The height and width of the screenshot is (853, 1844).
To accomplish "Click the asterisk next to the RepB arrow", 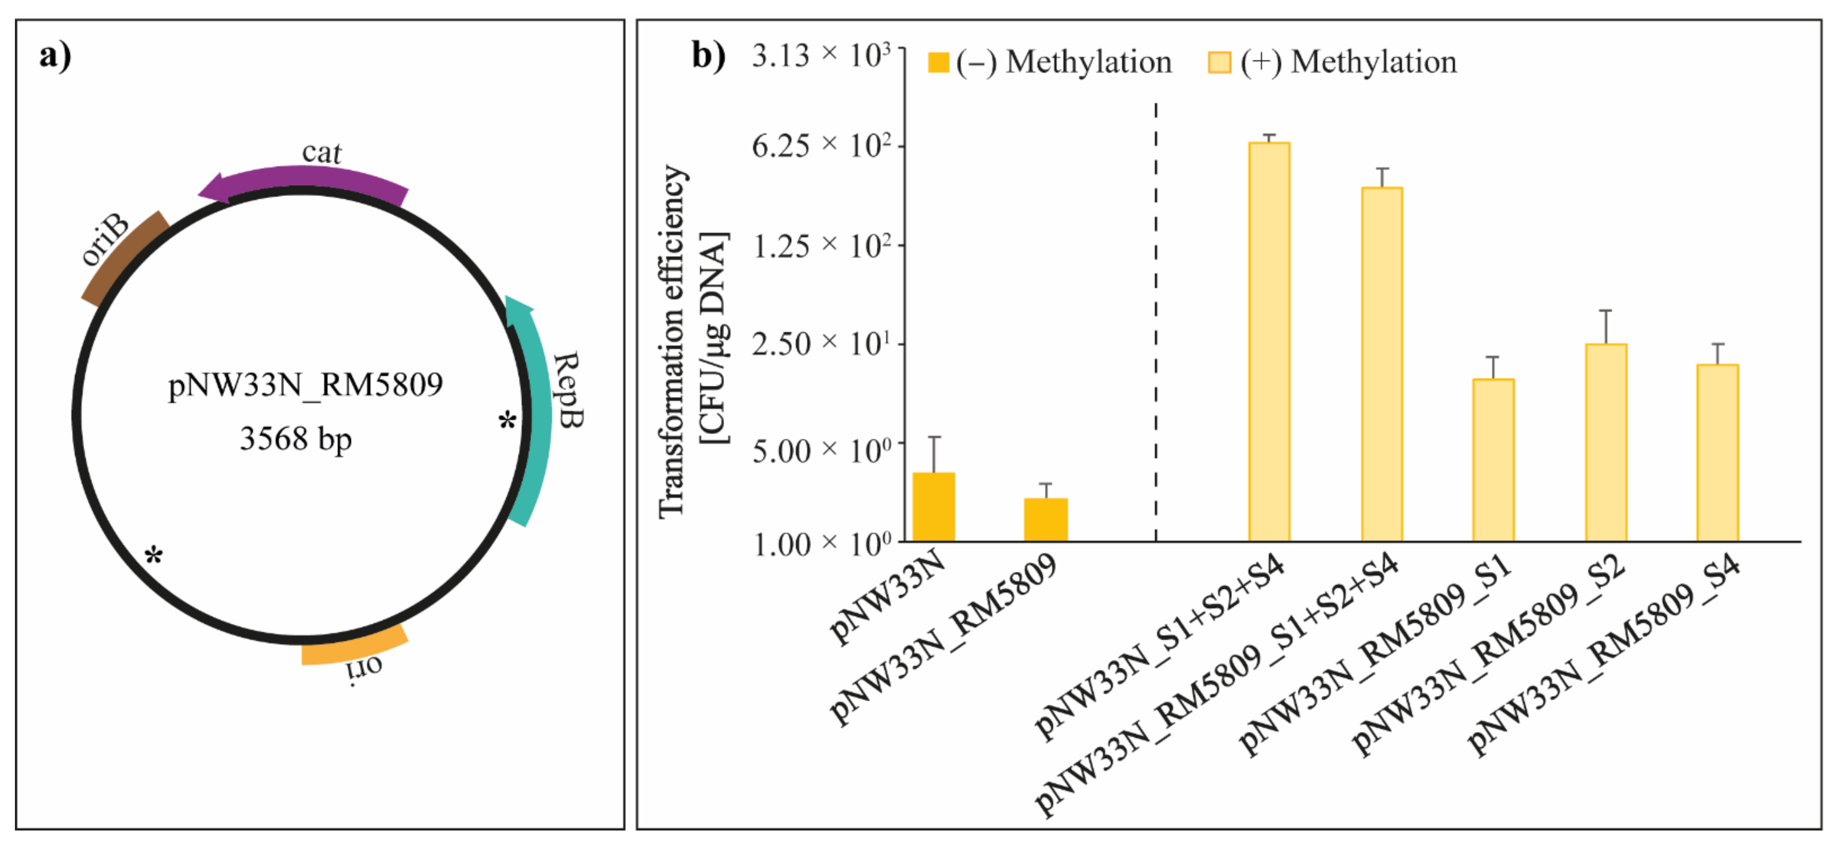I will (507, 421).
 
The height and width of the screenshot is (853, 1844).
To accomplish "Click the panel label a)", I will (55, 56).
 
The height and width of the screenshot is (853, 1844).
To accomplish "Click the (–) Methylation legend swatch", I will (938, 63).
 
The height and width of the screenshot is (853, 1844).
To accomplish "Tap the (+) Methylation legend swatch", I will (1219, 63).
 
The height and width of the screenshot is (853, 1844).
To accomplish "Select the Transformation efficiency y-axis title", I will (673, 340).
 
